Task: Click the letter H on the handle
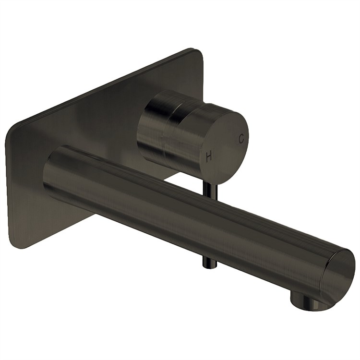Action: click(x=209, y=156)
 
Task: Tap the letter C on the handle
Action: click(x=241, y=138)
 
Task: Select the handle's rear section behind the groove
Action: click(x=153, y=120)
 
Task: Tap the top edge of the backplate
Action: click(x=106, y=86)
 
